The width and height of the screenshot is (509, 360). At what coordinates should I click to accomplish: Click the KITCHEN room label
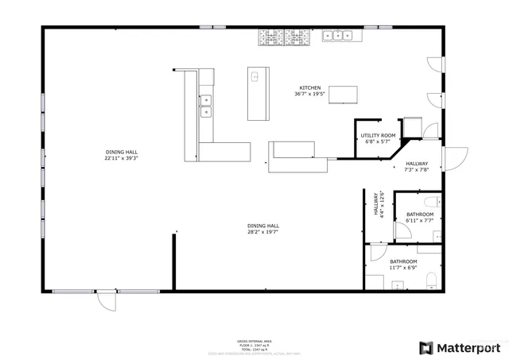[x=310, y=87]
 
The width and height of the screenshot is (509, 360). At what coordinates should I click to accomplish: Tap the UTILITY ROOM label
[x=377, y=136]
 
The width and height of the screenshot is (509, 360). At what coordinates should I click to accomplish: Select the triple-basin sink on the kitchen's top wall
[x=338, y=34]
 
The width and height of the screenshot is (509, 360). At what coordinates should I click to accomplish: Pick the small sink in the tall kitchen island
[x=255, y=77]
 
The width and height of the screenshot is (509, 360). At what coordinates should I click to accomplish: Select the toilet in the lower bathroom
[x=432, y=279]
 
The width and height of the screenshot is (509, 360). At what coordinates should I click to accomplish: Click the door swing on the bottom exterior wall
[x=107, y=302]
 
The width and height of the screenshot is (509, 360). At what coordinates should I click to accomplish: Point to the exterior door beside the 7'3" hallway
[x=454, y=159]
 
